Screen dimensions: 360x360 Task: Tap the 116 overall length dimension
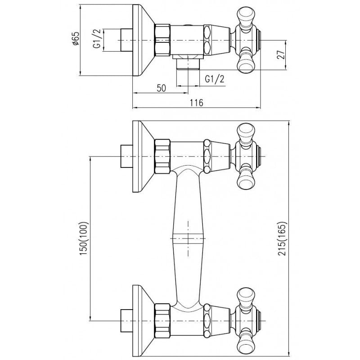pyautogui.click(x=197, y=103)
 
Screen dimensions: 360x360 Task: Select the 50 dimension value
pyautogui.click(x=161, y=88)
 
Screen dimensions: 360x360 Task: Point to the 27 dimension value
pyautogui.click(x=281, y=54)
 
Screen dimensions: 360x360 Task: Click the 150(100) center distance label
pyautogui.click(x=84, y=238)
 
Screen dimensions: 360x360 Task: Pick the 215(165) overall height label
pyautogui.click(x=282, y=238)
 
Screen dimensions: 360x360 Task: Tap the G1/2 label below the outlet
pyautogui.click(x=215, y=79)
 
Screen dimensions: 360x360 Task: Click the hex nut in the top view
pyautogui.click(x=162, y=40)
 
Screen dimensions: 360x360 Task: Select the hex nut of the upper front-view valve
pyautogui.click(x=162, y=156)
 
